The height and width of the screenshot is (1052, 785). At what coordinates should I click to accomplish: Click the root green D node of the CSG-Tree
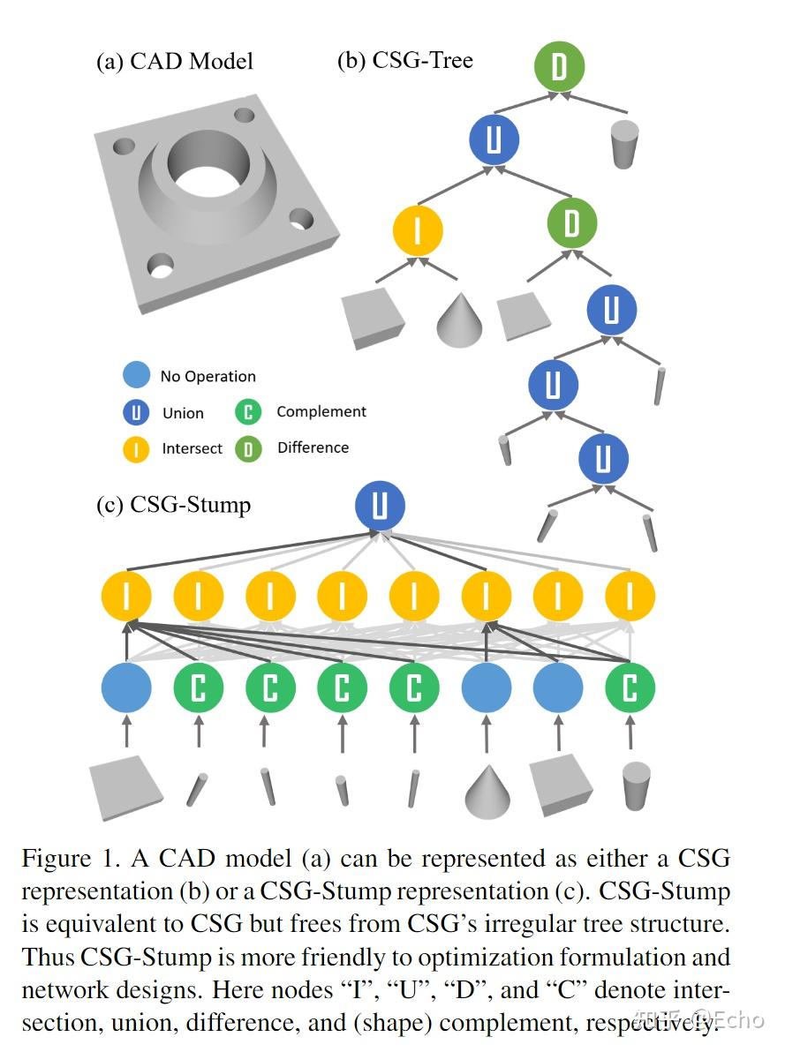(559, 68)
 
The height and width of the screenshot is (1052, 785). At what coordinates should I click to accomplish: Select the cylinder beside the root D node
(624, 145)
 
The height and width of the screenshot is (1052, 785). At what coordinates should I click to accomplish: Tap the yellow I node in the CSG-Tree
(417, 229)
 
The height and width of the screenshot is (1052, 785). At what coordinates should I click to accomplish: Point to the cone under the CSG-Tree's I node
(460, 319)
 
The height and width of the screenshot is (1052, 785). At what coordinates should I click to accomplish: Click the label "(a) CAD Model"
(175, 61)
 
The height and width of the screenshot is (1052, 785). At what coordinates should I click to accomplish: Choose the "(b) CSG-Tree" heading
(405, 60)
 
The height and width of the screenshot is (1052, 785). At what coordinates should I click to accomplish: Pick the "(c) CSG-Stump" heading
(173, 504)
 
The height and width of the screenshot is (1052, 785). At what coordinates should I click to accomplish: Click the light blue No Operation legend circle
(136, 376)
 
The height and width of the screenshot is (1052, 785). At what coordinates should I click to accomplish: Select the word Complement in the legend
(321, 411)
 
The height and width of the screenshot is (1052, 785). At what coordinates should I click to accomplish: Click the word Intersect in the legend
(192, 448)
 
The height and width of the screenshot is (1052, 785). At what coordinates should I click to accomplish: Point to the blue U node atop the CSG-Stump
(380, 507)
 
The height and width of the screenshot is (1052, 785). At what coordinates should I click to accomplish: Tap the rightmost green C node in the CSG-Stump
(630, 688)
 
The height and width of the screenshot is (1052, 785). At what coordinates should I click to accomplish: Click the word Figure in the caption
(56, 859)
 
